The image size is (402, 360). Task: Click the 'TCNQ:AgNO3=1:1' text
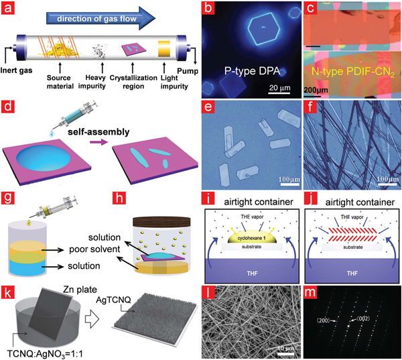[x=45, y=352]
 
